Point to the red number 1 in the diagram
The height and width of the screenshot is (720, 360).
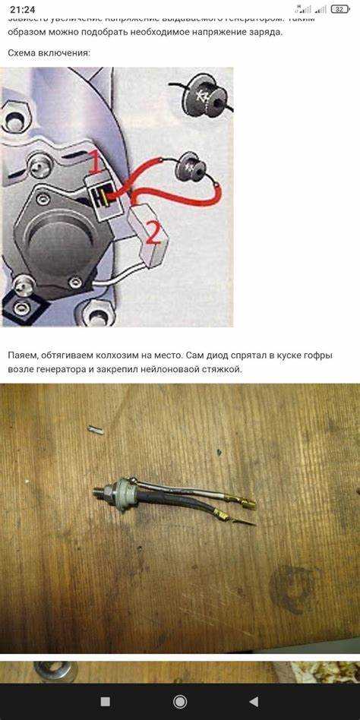pyautogui.click(x=94, y=162)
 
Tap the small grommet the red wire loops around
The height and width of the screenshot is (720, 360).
pyautogui.click(x=188, y=168)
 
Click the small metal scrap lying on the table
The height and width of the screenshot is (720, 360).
pyautogui.click(x=96, y=429)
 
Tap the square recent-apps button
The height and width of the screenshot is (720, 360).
pyautogui.click(x=106, y=701)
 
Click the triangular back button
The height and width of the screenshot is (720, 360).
pyautogui.click(x=254, y=701)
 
